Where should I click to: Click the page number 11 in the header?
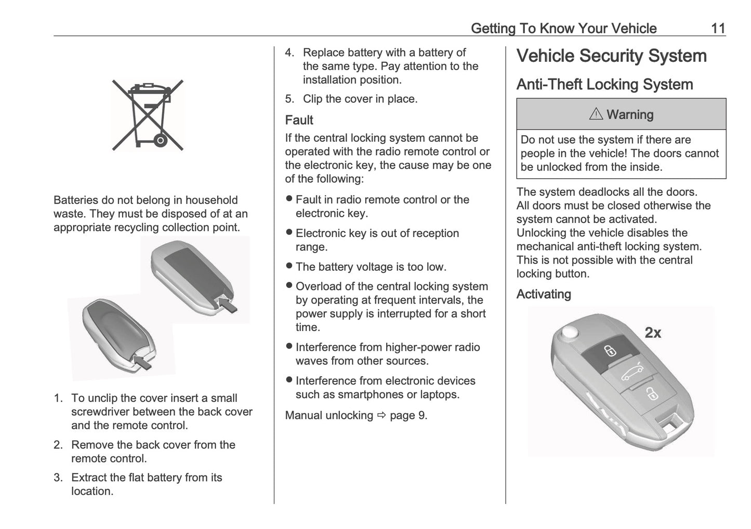click(718, 28)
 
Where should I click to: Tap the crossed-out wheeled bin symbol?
click(148, 115)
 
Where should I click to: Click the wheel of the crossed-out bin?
click(161, 140)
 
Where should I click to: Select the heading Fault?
click(299, 120)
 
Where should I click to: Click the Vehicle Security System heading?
click(611, 56)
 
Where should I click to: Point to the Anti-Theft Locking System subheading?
click(604, 85)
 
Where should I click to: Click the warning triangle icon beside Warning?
click(596, 114)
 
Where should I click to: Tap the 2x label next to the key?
click(653, 333)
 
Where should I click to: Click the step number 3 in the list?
click(58, 478)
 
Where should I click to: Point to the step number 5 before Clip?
click(289, 99)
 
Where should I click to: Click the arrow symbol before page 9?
click(382, 415)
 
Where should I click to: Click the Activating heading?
click(544, 294)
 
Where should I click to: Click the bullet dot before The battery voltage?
click(289, 266)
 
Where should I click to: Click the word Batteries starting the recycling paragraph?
click(76, 200)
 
